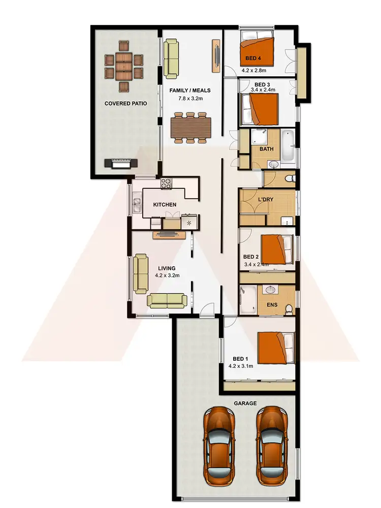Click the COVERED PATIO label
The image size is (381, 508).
pyautogui.click(x=125, y=103)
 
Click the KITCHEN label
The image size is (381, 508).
pyautogui.click(x=165, y=205)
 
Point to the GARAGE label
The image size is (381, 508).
pyautogui.click(x=246, y=403)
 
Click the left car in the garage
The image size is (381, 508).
pyautogui.click(x=219, y=444)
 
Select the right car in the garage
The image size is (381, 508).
pyautogui.click(x=271, y=444)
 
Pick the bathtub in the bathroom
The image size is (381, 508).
pyautogui.click(x=288, y=145)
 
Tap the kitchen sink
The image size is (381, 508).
pyautogui.click(x=137, y=204)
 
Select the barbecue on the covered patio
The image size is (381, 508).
pyautogui.click(x=121, y=164)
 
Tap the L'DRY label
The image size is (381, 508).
pyautogui.click(x=266, y=200)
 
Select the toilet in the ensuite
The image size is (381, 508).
pyautogui.click(x=289, y=308)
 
